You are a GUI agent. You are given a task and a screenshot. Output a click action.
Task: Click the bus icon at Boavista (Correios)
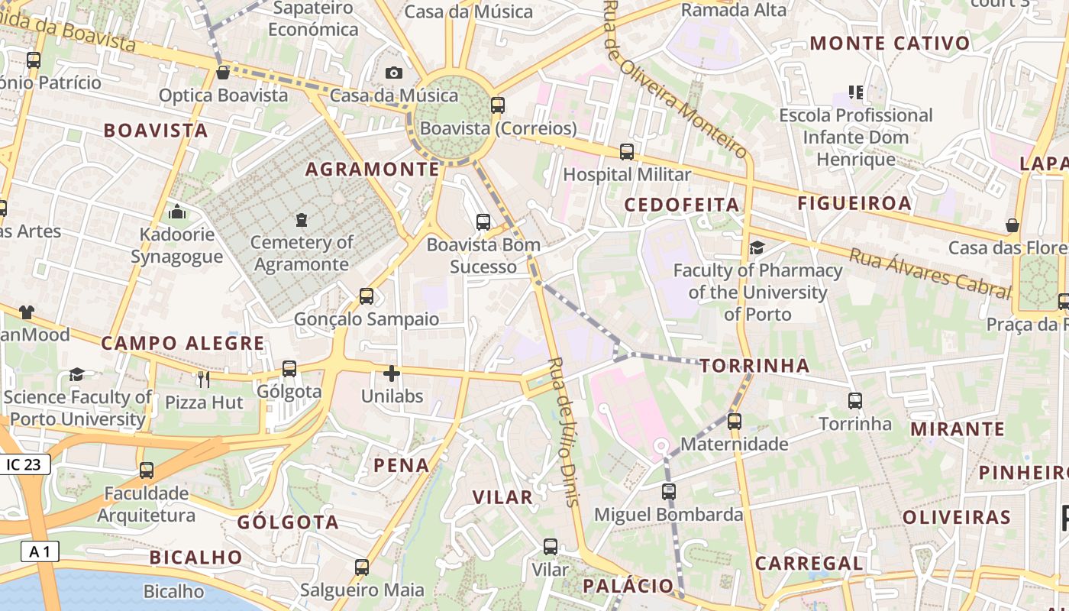coord(498,105)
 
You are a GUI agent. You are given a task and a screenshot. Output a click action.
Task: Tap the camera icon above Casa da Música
coord(394,73)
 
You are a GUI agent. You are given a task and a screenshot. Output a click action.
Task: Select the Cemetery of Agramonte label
coord(302,254)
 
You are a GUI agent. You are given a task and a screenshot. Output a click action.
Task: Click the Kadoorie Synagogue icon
coord(177,212)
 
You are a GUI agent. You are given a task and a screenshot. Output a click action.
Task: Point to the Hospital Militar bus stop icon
coord(627,152)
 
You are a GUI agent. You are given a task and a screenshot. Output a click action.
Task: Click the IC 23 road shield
coord(25,464)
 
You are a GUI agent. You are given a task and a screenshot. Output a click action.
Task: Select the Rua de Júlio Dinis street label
coord(564,432)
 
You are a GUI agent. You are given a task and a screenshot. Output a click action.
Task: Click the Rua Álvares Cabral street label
coord(930,272)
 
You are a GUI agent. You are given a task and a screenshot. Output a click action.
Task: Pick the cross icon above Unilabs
coord(392,373)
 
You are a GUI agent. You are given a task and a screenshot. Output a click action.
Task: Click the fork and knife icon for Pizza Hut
coord(203,379)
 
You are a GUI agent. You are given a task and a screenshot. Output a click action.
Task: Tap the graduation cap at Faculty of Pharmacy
coord(757,247)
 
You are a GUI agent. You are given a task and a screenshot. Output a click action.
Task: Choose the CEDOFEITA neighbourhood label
coord(682,205)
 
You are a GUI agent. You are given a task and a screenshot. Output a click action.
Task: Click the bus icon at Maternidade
coord(735,421)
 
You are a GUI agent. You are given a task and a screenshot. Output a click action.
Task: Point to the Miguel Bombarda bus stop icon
coord(669,492)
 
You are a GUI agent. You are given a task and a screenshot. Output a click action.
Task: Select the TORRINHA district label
coord(754,366)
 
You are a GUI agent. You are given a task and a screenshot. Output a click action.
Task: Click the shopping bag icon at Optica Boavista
coord(223,73)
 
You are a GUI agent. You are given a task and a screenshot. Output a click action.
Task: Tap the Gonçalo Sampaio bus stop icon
coord(367,296)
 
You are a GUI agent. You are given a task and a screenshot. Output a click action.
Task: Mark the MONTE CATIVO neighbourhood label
coord(890,44)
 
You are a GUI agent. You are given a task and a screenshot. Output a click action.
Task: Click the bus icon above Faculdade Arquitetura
coord(147,470)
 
